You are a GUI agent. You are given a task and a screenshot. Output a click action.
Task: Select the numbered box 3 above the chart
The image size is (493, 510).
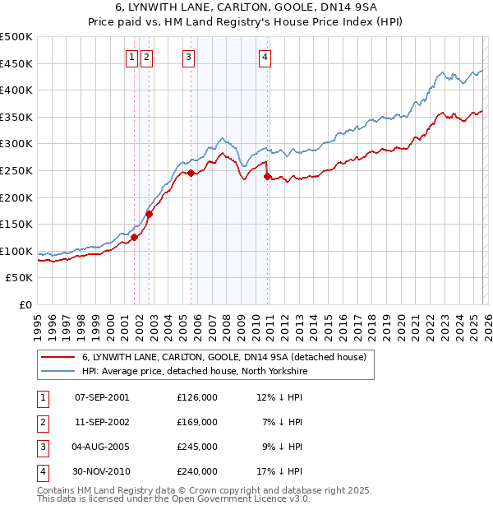coord(189,57)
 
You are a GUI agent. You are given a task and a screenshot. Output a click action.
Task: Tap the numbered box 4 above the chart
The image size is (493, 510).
coord(265,57)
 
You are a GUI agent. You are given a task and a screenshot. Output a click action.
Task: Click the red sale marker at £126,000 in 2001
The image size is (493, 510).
coord(134,237)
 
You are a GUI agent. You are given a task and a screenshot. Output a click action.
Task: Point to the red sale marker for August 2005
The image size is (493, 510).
coord(191,173)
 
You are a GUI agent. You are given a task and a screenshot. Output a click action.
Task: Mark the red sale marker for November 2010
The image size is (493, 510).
coord(268,175)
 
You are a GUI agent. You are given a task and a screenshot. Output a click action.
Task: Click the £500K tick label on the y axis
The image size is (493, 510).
coord(16,37)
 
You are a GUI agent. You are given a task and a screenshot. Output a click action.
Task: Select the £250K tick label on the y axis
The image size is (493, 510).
coord(16,170)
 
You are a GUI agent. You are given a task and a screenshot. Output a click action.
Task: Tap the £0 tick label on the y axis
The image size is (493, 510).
coord(26,304)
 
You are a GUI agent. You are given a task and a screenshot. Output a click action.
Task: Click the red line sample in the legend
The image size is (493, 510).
coord(58,357)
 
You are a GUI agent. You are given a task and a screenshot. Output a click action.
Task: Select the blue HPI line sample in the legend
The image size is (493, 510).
coord(58,371)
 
